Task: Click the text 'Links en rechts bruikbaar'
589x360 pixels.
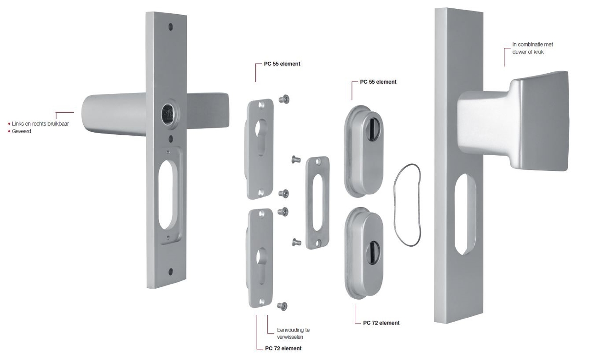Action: coord(40,124)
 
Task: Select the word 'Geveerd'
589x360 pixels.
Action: coord(22,132)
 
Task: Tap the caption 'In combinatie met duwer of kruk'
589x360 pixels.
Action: coord(532,48)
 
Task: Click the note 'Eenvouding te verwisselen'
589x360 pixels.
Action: coord(293,334)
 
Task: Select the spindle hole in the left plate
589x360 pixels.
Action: coord(167,112)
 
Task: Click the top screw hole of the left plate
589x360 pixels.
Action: coord(170,27)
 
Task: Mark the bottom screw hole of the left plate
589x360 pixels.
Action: coord(170,271)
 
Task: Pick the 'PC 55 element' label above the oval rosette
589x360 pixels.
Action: coord(378,82)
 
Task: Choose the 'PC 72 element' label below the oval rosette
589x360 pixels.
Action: coord(381,323)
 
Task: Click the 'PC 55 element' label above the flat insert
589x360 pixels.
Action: coord(282,64)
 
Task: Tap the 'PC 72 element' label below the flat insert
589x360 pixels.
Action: coord(283,348)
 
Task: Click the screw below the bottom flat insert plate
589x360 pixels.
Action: coord(283,306)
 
